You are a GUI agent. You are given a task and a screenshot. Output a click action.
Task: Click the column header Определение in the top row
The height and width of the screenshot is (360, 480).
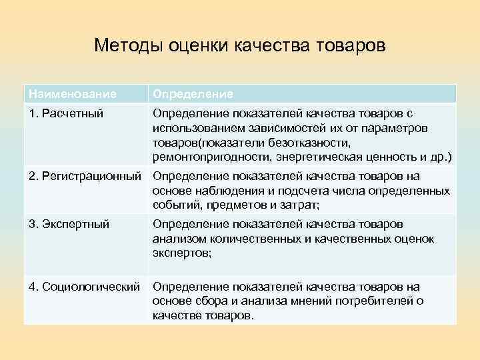click(193, 94)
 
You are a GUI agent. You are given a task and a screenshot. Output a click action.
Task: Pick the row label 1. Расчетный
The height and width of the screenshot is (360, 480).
click(65, 113)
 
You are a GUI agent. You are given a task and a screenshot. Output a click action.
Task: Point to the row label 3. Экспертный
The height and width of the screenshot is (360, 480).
click(69, 225)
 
